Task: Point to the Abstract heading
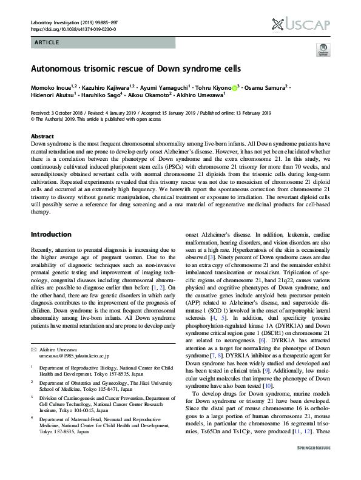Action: pos(42,137)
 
